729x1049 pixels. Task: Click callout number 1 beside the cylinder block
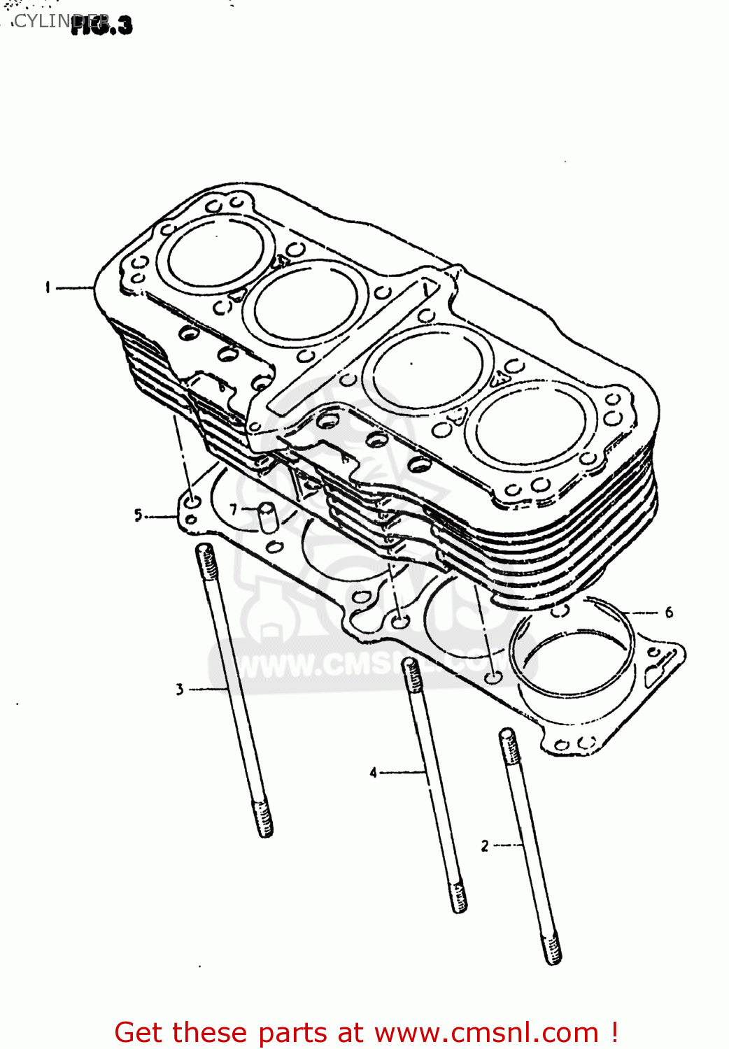coord(47,287)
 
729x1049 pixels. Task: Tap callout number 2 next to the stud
coord(484,846)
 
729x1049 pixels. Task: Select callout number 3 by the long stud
coord(180,690)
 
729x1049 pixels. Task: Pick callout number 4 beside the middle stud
coord(373,773)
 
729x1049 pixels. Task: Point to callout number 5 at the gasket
coord(139,515)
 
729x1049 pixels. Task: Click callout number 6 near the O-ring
coord(669,613)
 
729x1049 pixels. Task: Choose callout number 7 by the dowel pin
coord(234,510)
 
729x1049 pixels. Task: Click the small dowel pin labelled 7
coord(268,518)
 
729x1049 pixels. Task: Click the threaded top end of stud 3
coord(206,559)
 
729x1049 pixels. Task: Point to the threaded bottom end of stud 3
coord(264,820)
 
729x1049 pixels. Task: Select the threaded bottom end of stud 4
coord(458,897)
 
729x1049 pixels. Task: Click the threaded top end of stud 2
coord(508,745)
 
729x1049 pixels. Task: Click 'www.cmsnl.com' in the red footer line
coord(486,1033)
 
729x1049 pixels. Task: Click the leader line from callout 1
coord(74,287)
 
